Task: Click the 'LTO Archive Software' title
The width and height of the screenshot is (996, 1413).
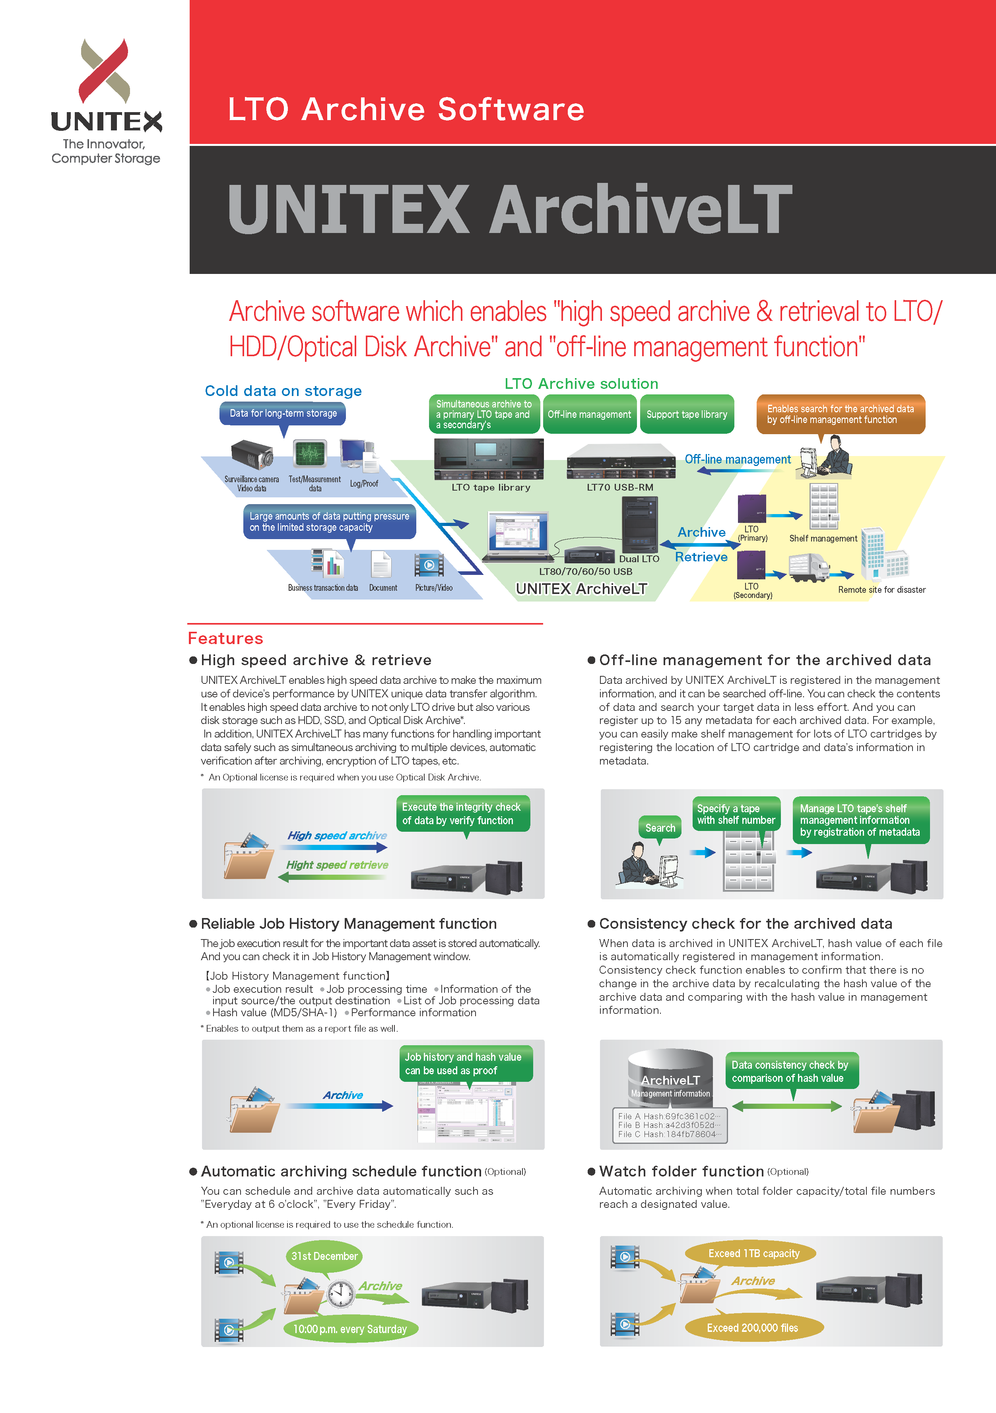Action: (x=406, y=110)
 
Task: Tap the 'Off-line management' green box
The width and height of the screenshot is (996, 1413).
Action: (x=589, y=414)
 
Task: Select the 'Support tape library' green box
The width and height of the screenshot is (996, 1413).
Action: (x=686, y=414)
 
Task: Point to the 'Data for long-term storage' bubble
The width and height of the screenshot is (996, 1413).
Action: (x=283, y=413)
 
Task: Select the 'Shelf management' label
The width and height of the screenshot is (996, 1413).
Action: (x=823, y=538)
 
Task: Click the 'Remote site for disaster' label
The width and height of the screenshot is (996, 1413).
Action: (x=881, y=590)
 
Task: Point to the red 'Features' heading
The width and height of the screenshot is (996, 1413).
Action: (x=225, y=638)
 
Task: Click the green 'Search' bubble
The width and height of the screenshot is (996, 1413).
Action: (x=660, y=828)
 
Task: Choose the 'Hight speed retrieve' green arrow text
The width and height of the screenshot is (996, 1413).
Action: (x=337, y=865)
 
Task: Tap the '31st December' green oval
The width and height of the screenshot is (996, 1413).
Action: (x=324, y=1256)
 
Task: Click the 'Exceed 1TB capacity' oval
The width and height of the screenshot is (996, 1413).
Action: (x=753, y=1254)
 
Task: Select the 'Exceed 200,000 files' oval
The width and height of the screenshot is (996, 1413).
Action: (x=752, y=1328)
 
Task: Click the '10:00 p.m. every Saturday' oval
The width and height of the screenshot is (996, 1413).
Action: (x=349, y=1329)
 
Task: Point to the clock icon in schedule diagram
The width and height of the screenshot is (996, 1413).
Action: (x=340, y=1294)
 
